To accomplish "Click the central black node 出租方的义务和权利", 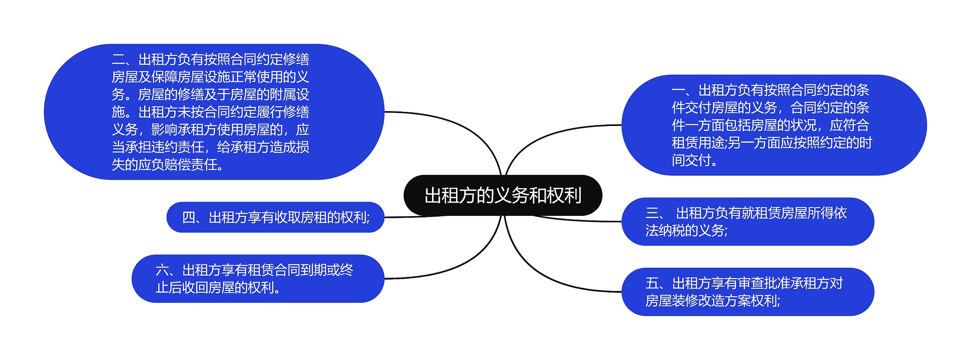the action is [x=503, y=195].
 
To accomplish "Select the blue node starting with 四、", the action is [x=275, y=217].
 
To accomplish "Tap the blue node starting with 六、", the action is [x=258, y=278].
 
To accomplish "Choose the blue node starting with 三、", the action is [x=747, y=222].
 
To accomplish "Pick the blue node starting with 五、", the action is [x=747, y=292].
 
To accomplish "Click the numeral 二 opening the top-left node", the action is [x=118, y=60].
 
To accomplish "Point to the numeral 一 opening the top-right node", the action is [x=678, y=91].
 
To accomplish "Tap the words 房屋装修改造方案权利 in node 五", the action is [x=711, y=301].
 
